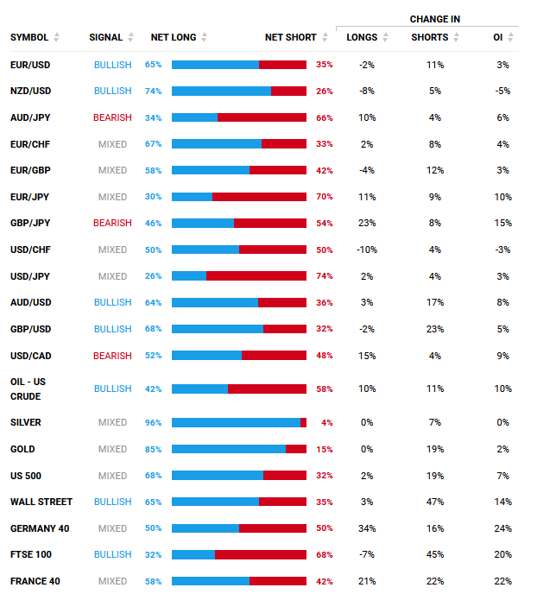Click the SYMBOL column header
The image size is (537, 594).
pos(29,38)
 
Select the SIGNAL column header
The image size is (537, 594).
pos(105,38)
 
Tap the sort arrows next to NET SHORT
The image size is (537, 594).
pos(325,38)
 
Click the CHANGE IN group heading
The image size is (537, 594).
pos(434,18)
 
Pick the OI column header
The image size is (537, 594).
pos(498,38)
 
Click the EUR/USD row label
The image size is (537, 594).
pos(30,65)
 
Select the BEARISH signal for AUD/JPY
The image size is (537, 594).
pos(112,117)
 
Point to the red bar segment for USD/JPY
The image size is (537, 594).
pos(256,276)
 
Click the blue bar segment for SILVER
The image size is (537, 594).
pos(236,423)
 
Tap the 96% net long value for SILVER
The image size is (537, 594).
pos(153,423)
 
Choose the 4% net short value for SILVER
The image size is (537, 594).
pos(326,423)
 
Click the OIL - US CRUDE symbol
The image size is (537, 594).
pos(27,389)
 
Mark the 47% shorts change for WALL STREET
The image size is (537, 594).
pos(434,502)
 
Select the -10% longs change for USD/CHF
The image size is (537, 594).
pos(367,250)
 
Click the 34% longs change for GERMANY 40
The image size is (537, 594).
pos(367,528)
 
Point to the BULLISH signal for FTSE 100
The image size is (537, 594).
pos(112,555)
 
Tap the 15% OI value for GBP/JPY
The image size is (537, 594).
pos(503,224)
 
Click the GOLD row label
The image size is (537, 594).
pos(22,450)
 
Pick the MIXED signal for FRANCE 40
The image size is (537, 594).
pos(112,582)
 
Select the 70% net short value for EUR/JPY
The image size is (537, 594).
pos(325,197)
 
